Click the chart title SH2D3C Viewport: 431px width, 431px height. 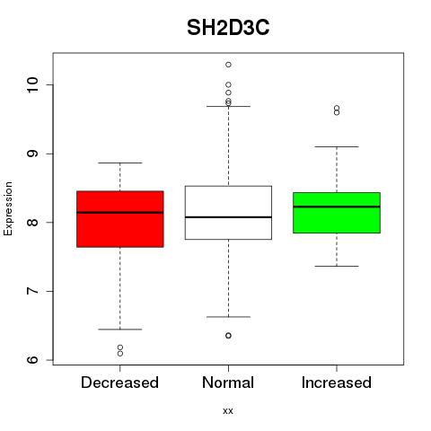click(228, 28)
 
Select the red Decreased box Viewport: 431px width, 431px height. click(120, 219)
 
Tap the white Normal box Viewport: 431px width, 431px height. click(228, 213)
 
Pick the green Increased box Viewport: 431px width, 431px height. click(337, 213)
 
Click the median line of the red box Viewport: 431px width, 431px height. click(120, 213)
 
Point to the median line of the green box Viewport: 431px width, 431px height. click(337, 207)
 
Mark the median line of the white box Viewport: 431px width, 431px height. click(228, 217)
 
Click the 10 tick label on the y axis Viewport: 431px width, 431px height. click(32, 84)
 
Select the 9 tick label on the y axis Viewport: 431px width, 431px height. click(32, 154)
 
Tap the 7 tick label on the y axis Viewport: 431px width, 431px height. click(32, 291)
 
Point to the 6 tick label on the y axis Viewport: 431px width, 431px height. click(32, 360)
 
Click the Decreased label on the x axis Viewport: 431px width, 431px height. click(119, 383)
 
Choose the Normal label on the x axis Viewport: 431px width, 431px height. click(228, 383)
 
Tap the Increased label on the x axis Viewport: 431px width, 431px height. click(337, 383)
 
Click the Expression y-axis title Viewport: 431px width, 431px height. click(8, 208)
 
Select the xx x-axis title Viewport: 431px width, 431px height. click(228, 411)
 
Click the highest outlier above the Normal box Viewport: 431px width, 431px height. click(228, 65)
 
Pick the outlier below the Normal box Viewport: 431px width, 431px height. click(228, 336)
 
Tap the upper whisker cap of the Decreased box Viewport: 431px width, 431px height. click(120, 163)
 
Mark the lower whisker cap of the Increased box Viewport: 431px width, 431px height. click(337, 266)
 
